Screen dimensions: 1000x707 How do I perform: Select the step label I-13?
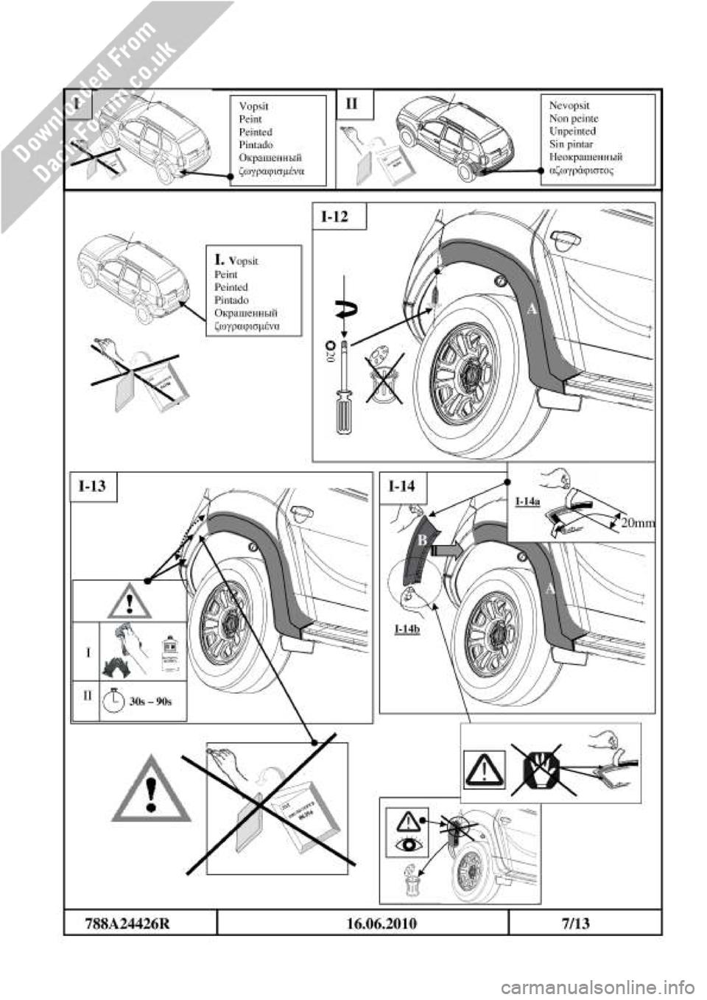tap(93, 486)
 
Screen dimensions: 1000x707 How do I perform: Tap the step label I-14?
tap(402, 486)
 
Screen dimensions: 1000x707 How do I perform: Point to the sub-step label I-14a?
tap(527, 501)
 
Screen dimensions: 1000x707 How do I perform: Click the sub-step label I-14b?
tap(407, 629)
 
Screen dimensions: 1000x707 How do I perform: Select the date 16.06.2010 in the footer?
tap(381, 923)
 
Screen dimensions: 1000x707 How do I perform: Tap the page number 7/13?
tap(574, 923)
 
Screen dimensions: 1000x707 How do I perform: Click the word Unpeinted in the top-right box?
tap(572, 131)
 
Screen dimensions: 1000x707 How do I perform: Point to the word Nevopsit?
tap(569, 105)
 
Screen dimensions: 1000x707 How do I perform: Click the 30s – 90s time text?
tap(150, 701)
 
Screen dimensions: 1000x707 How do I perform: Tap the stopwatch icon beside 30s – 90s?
tap(113, 700)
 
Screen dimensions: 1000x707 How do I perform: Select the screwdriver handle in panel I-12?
tap(344, 413)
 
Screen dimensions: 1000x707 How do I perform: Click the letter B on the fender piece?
tap(423, 541)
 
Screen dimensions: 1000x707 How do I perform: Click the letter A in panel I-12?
tap(532, 310)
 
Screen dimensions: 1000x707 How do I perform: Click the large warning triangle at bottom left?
tap(152, 789)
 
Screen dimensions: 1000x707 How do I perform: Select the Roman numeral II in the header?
tap(351, 104)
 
